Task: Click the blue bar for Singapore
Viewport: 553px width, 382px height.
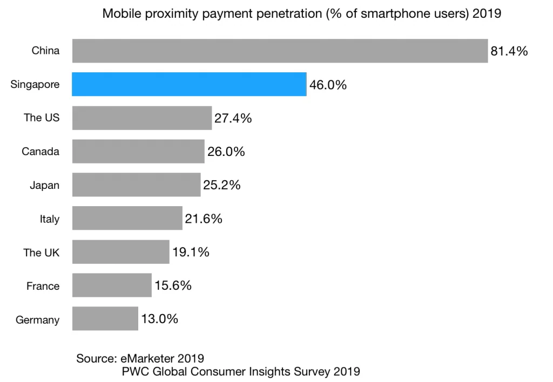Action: coord(189,84)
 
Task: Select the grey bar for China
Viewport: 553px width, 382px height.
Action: coord(280,51)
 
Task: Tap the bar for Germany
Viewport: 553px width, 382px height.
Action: coord(105,318)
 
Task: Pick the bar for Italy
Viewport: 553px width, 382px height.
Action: coord(127,218)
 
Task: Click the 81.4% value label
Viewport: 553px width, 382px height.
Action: coord(509,51)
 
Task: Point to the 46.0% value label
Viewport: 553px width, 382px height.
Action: coord(328,85)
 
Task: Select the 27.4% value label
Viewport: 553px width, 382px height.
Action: coord(233,118)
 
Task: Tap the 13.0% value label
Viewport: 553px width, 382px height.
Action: coord(159,319)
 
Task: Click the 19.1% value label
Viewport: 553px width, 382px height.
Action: coord(190,252)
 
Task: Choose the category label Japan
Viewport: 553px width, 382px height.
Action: coord(44,186)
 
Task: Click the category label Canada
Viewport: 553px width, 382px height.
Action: coord(41,152)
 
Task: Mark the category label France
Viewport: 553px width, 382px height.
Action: coord(43,286)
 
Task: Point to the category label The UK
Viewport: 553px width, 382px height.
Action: coord(41,253)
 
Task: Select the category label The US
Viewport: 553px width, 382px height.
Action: coord(41,118)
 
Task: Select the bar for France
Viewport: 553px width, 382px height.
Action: coord(112,285)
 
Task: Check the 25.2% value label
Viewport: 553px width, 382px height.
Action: coord(221,185)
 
